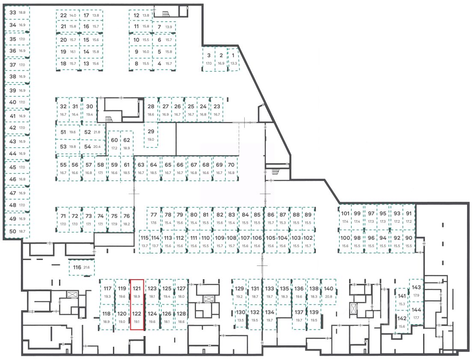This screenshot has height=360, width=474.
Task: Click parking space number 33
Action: point(17,13)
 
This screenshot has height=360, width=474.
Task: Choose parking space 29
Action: point(151,135)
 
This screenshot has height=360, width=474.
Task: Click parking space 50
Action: point(17,231)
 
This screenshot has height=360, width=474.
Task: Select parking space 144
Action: point(416,313)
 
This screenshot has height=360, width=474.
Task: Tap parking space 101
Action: point(345,217)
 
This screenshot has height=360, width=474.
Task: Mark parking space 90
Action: point(409,242)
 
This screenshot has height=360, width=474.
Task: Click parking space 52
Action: point(92,132)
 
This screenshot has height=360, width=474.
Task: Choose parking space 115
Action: point(145,242)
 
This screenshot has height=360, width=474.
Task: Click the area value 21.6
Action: point(87,268)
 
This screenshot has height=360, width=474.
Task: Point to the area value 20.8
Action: point(329,296)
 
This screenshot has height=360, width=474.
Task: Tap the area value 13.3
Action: point(234,63)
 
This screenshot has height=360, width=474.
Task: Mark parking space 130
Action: point(241,316)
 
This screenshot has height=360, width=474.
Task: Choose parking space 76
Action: point(127,219)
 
